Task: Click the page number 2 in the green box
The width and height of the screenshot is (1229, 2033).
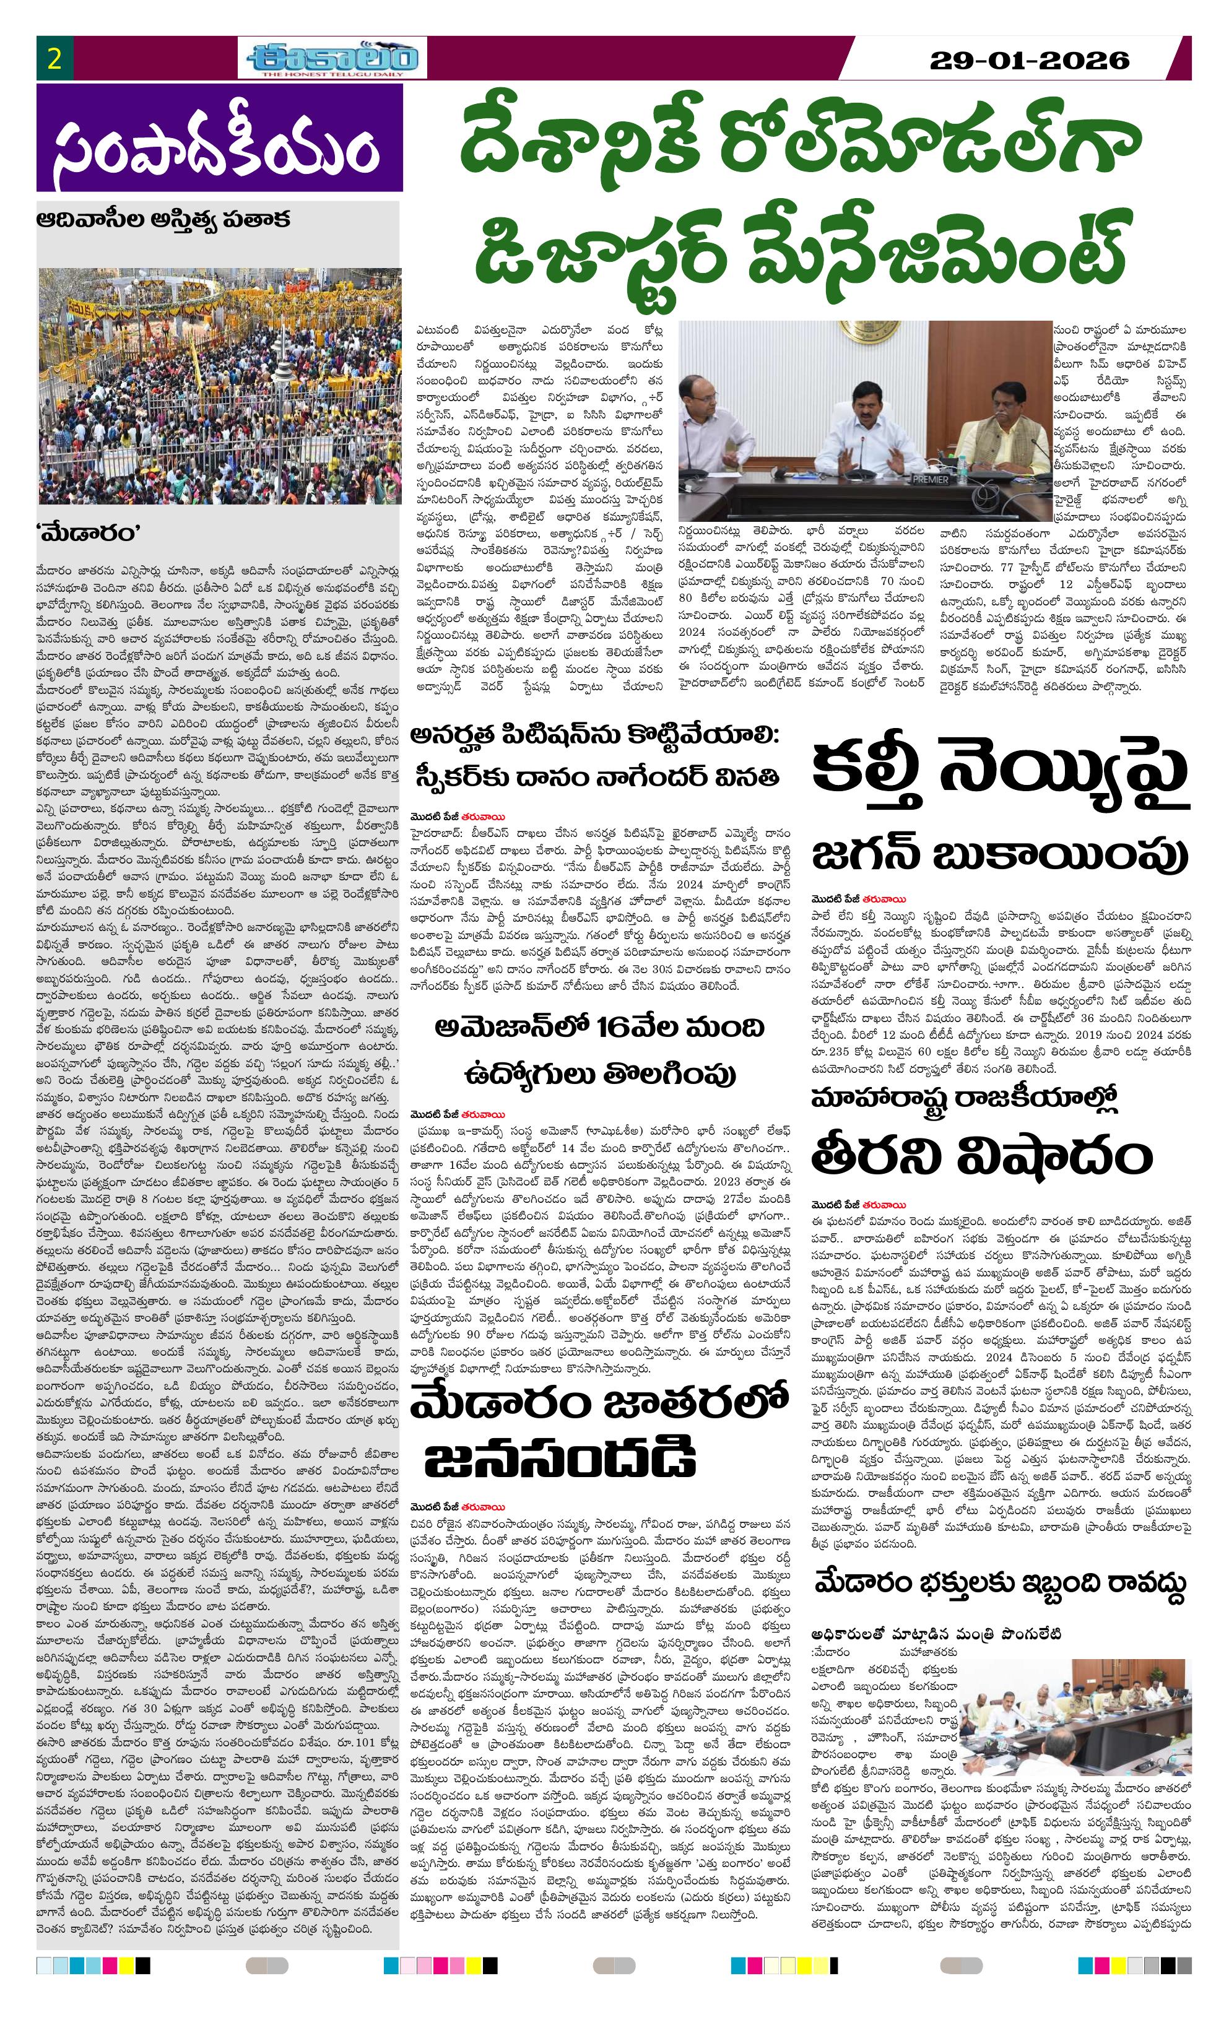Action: [55, 59]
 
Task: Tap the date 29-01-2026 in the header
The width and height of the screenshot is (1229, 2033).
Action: [1028, 60]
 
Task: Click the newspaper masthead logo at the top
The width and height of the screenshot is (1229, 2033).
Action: [335, 59]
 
